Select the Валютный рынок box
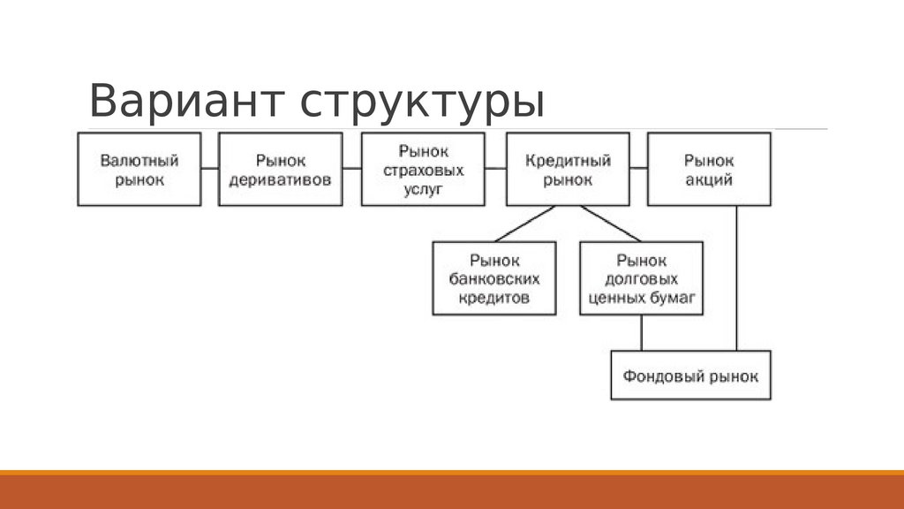pyautogui.click(x=139, y=169)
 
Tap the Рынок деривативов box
pyautogui.click(x=281, y=169)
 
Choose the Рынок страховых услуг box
pyautogui.click(x=424, y=169)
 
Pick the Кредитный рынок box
pyautogui.click(x=568, y=169)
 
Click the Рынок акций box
pyautogui.click(x=709, y=169)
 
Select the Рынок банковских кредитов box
pyautogui.click(x=494, y=279)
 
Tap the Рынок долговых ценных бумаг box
pyautogui.click(x=642, y=279)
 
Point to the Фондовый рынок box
pyautogui.click(x=690, y=376)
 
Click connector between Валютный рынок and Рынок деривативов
pyautogui.click(x=210, y=168)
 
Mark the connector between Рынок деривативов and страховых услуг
pyautogui.click(x=352, y=168)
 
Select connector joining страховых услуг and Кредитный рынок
pyautogui.click(x=495, y=168)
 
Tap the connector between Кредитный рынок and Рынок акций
pyautogui.click(x=638, y=168)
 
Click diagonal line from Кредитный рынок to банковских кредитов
pyautogui.click(x=524, y=224)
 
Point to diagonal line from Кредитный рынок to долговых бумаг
pyautogui.click(x=611, y=224)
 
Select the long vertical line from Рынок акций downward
pyautogui.click(x=737, y=278)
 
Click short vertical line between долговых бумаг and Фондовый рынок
pyautogui.click(x=642, y=333)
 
